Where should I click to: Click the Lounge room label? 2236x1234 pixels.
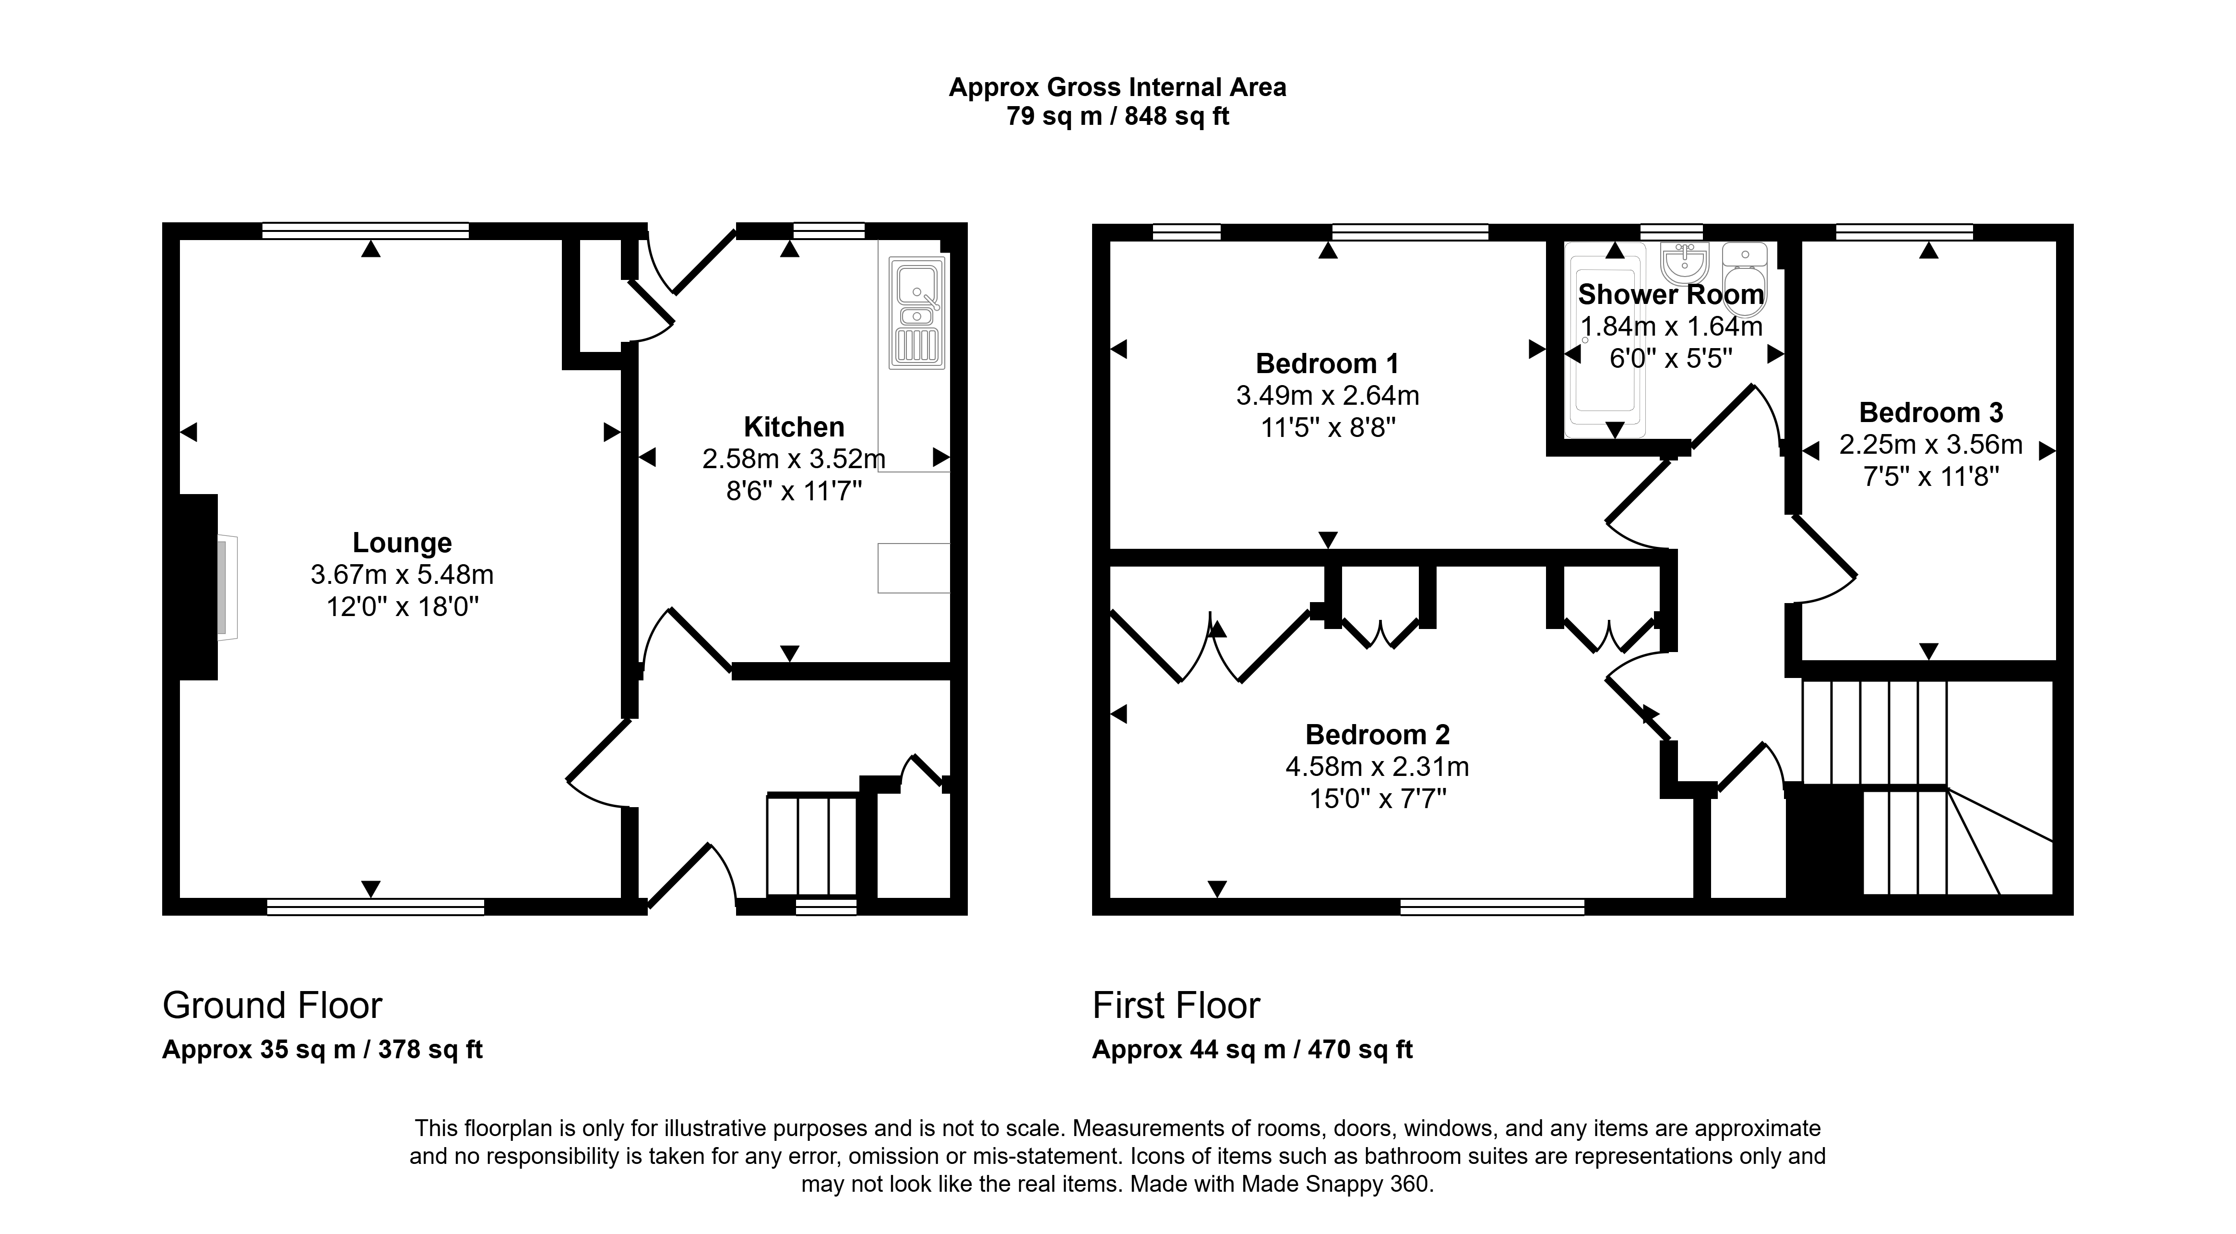point(402,543)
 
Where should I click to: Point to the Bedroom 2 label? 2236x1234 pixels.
point(1378,735)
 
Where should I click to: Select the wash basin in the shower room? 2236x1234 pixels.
point(1684,262)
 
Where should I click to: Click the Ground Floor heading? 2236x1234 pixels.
point(273,1005)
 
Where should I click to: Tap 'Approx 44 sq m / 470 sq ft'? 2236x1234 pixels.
point(1252,1050)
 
